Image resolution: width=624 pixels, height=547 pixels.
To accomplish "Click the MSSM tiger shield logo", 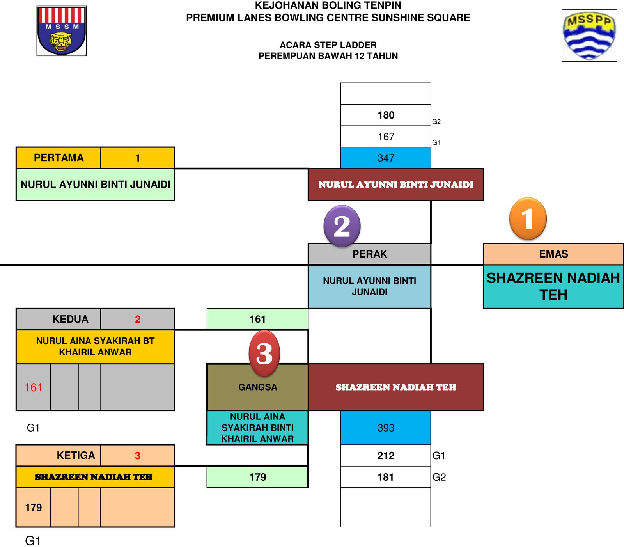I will [62, 31].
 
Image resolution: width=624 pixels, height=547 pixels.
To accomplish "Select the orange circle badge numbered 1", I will [528, 218].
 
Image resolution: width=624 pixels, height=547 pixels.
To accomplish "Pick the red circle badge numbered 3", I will [264, 353].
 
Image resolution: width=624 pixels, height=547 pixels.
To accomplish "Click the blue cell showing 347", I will [386, 158].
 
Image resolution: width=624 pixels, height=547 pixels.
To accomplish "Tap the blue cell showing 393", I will [386, 428].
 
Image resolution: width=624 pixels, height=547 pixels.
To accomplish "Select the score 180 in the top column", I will [386, 115].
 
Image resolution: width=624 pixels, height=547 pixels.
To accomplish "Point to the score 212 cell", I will [386, 456].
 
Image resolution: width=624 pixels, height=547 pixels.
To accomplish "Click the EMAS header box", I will [553, 254].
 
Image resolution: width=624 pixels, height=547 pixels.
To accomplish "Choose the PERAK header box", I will [369, 254].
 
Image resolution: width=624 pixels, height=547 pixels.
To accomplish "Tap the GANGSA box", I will [257, 387].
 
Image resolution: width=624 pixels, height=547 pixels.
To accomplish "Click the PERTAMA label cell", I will [58, 158].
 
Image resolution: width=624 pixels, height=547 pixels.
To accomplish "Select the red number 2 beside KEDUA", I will [138, 319].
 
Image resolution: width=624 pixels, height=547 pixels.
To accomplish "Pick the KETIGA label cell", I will [58, 455].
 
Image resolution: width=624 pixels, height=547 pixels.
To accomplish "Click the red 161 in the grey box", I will [34, 387].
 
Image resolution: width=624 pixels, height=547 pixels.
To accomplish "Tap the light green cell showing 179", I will [257, 477].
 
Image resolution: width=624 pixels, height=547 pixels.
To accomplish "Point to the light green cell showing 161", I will [257, 319].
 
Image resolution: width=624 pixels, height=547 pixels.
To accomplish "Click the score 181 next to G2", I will [386, 477].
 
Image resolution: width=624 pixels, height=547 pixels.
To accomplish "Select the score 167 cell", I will [386, 137].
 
